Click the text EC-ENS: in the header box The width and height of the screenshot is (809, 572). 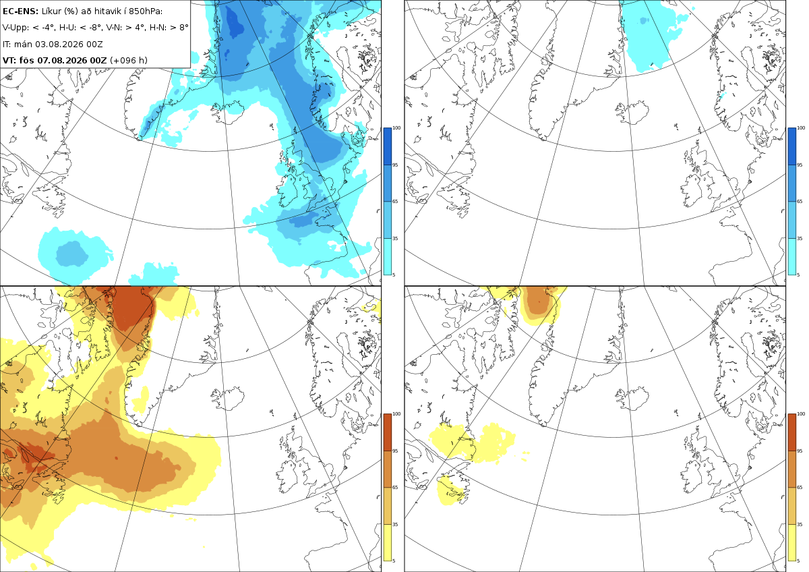(x=20, y=11)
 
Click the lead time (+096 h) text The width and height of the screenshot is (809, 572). (x=129, y=60)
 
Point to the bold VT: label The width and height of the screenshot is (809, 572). (x=9, y=60)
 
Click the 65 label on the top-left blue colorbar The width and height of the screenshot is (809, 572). (x=395, y=201)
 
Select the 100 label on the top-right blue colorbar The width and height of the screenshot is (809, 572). (x=801, y=128)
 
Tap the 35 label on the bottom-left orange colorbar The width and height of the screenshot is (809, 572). (x=395, y=524)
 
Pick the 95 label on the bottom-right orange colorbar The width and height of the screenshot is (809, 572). (x=800, y=451)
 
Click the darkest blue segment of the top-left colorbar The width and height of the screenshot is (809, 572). (x=387, y=146)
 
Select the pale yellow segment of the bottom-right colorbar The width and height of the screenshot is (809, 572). (x=791, y=542)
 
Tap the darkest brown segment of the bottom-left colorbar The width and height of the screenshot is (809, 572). (x=387, y=432)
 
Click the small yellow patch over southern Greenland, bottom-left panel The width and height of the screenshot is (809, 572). (x=141, y=399)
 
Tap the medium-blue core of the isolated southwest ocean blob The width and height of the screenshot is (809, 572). (x=71, y=254)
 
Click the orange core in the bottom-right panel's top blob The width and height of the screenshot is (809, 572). (x=539, y=299)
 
